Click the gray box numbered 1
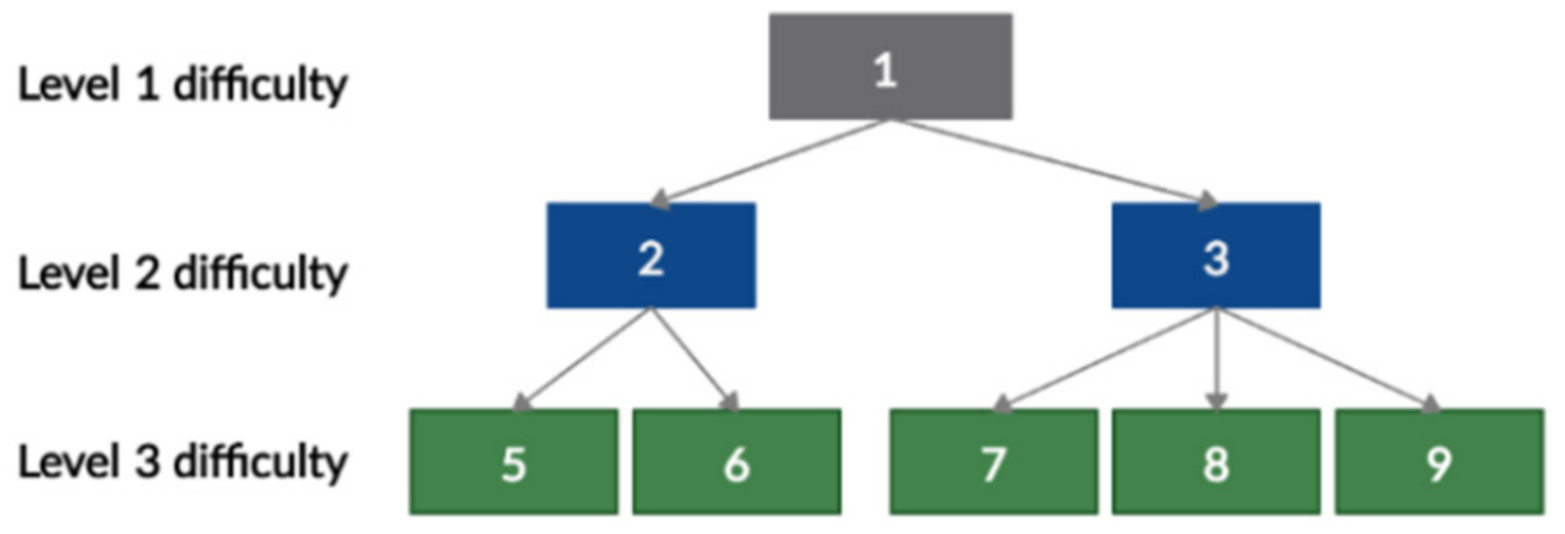coord(891,66)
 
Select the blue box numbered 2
coord(651,255)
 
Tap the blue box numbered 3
coord(1216,255)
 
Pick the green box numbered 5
coord(514,462)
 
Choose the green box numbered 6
coord(737,462)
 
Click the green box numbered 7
coord(993,462)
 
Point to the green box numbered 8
coord(1216,462)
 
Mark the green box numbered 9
coord(1439,462)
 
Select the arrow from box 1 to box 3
coord(1054,162)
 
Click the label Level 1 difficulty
coord(183,86)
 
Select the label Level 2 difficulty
coord(183,273)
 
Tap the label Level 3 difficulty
coord(183,463)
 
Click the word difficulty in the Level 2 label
coord(260,273)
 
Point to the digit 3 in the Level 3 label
coord(147,462)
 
